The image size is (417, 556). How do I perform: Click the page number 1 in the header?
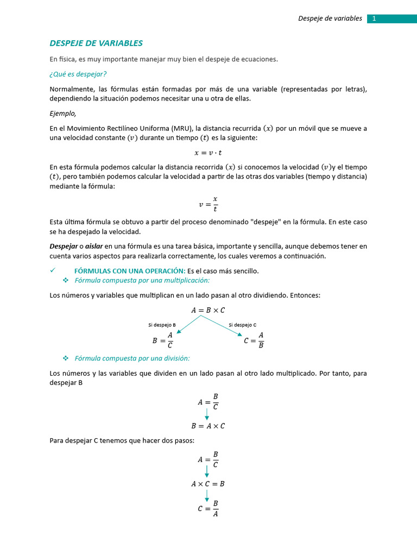pyautogui.click(x=374, y=18)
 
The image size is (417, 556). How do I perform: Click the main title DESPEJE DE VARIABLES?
pyautogui.click(x=96, y=43)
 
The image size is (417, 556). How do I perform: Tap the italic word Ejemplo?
pyautogui.click(x=63, y=113)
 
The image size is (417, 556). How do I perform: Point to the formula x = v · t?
pyautogui.click(x=208, y=153)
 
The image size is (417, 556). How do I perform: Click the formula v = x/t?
pyautogui.click(x=208, y=204)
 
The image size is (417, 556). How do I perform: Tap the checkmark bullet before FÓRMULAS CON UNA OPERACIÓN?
pyautogui.click(x=53, y=270)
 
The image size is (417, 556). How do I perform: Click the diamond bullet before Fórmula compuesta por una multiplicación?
pyautogui.click(x=66, y=280)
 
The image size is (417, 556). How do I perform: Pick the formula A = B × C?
pyautogui.click(x=208, y=310)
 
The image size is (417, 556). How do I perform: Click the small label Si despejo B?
pyautogui.click(x=162, y=325)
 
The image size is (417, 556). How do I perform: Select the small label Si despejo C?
pyautogui.click(x=242, y=325)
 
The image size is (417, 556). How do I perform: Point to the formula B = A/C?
pyautogui.click(x=163, y=340)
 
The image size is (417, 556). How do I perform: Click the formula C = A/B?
pyautogui.click(x=254, y=340)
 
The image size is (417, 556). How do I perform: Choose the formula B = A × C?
pyautogui.click(x=208, y=426)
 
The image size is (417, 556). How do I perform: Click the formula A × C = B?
pyautogui.click(x=208, y=483)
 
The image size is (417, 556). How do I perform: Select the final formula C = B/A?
pyautogui.click(x=208, y=509)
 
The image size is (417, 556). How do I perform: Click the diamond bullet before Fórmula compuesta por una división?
pyautogui.click(x=66, y=358)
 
